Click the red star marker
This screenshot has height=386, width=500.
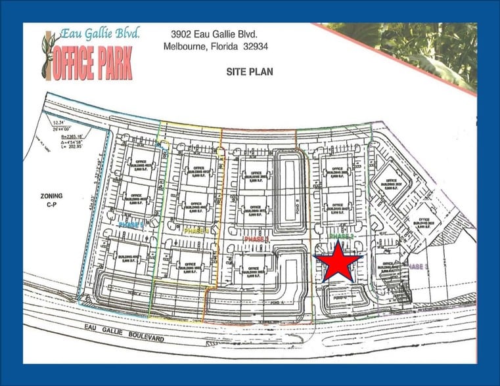click(338, 261)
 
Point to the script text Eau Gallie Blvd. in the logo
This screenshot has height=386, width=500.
click(99, 34)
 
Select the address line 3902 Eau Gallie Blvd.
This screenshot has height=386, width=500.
click(217, 33)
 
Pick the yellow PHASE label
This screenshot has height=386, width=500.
click(196, 231)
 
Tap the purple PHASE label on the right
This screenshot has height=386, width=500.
click(418, 266)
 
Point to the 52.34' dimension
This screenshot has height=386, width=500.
click(59, 123)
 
